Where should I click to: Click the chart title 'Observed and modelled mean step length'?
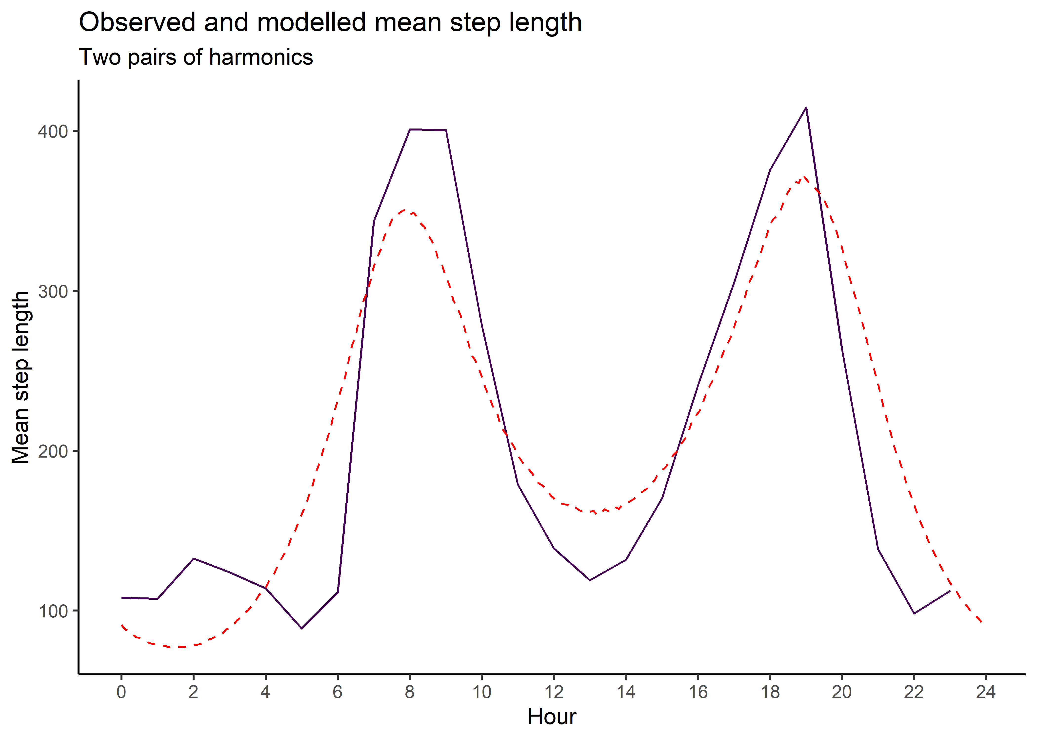(x=330, y=22)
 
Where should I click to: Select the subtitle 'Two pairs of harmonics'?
(x=196, y=57)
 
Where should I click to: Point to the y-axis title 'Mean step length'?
(x=20, y=377)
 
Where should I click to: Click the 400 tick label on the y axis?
(x=53, y=131)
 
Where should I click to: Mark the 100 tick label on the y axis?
(x=53, y=611)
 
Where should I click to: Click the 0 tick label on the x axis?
(x=121, y=692)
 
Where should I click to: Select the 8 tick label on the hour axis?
(x=410, y=692)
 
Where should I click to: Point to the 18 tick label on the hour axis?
(x=770, y=692)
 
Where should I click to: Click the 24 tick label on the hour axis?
(x=986, y=692)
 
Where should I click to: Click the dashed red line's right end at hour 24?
(x=981, y=622)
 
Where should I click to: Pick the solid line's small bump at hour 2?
(x=194, y=558)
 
